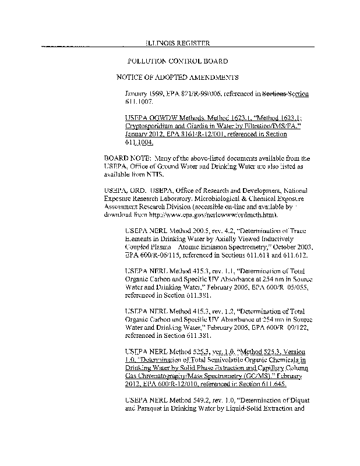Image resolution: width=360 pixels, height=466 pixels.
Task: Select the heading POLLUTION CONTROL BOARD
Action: (x=177, y=61)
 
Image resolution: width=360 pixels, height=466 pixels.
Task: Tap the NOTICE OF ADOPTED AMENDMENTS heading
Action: (x=178, y=77)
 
